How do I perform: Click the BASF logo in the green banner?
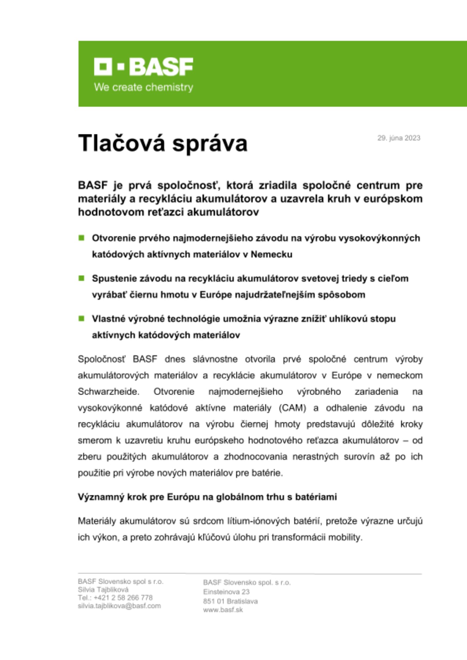tap(143, 67)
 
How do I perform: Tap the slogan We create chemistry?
tap(143, 87)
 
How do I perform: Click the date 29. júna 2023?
tap(399, 138)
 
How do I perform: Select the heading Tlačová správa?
tap(162, 143)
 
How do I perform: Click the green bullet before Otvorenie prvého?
tap(81, 238)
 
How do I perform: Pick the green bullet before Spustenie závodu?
tap(81, 278)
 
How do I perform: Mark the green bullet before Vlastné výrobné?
tap(81, 318)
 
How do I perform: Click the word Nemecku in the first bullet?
tap(271, 254)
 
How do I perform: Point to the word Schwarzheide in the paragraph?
tap(108, 392)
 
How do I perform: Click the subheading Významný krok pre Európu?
tap(207, 497)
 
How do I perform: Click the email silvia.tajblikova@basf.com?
tap(119, 606)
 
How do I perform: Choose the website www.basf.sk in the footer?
tap(223, 610)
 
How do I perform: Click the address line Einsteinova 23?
tap(226, 592)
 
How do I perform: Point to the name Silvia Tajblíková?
tap(103, 589)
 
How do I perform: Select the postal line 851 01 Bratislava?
tap(230, 601)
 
